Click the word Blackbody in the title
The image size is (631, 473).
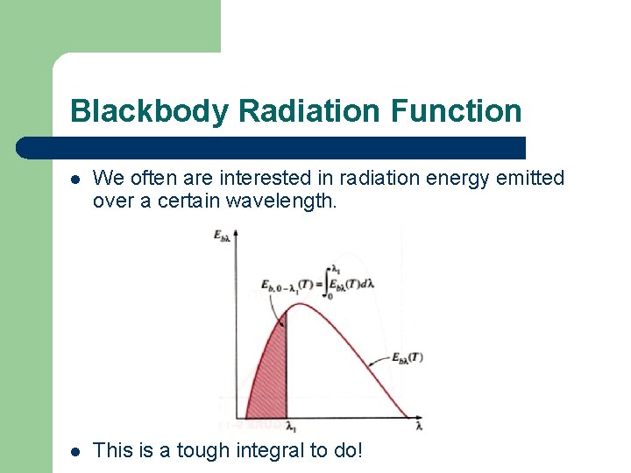(x=150, y=111)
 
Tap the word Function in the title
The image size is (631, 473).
(x=456, y=111)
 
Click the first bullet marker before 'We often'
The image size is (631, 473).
(x=76, y=180)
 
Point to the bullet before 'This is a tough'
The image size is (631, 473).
(x=76, y=452)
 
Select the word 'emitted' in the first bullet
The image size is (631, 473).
(x=530, y=179)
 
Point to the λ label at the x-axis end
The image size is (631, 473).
(x=419, y=427)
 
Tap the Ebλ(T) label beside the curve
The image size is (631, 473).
(x=407, y=357)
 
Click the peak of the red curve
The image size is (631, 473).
(x=300, y=304)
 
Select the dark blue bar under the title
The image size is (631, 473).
(x=272, y=147)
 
